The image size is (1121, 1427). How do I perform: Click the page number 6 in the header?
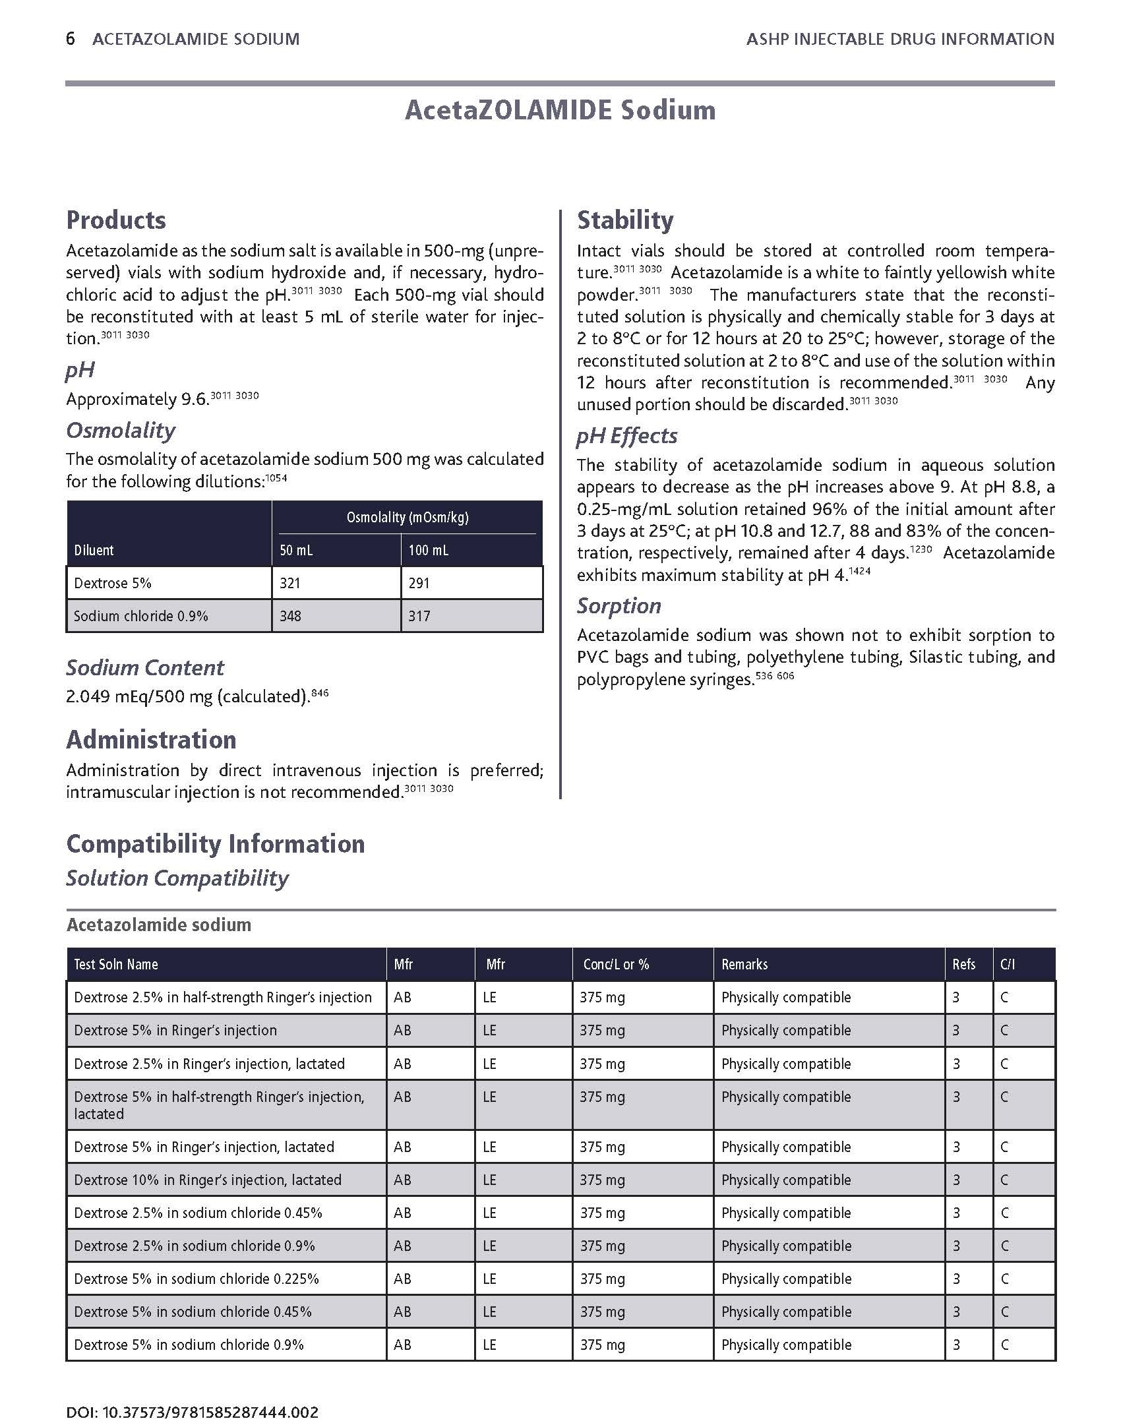[x=71, y=39]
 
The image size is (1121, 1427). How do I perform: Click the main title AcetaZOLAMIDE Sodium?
[x=560, y=110]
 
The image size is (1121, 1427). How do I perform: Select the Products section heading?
[x=116, y=220]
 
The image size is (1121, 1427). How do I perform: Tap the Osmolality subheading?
[x=121, y=430]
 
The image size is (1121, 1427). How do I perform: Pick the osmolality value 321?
[x=290, y=583]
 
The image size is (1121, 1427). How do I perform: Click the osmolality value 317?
[x=419, y=616]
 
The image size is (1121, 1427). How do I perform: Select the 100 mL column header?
[x=429, y=550]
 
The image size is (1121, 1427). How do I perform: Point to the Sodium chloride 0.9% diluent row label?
[x=141, y=616]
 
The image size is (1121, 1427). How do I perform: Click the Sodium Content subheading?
[x=145, y=667]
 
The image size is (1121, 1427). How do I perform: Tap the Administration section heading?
[x=151, y=739]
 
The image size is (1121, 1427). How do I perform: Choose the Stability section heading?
[x=625, y=220]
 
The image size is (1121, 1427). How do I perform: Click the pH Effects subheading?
[x=626, y=435]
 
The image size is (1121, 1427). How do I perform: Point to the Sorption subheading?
[x=619, y=605]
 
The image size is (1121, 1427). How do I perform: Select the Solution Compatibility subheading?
[x=177, y=878]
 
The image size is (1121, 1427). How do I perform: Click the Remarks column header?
[x=744, y=964]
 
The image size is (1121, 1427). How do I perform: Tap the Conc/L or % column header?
[x=616, y=964]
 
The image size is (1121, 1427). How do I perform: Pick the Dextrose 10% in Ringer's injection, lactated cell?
[x=208, y=1179]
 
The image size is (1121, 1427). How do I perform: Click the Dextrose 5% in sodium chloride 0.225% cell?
[x=197, y=1278]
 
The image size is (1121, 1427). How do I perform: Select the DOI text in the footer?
[x=193, y=1393]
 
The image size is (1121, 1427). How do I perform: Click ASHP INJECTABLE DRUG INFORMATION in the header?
[x=900, y=39]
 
